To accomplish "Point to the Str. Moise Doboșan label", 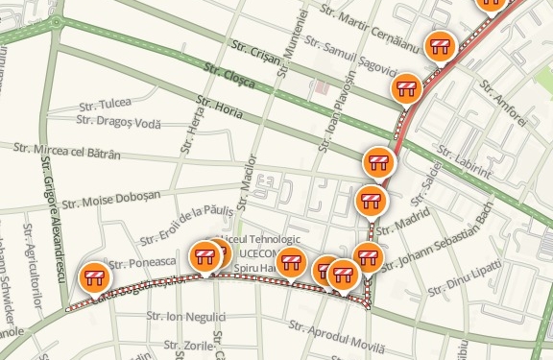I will tap(110, 199).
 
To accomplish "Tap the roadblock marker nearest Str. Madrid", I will tap(372, 201).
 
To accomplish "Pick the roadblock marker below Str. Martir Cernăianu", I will tap(440, 45).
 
